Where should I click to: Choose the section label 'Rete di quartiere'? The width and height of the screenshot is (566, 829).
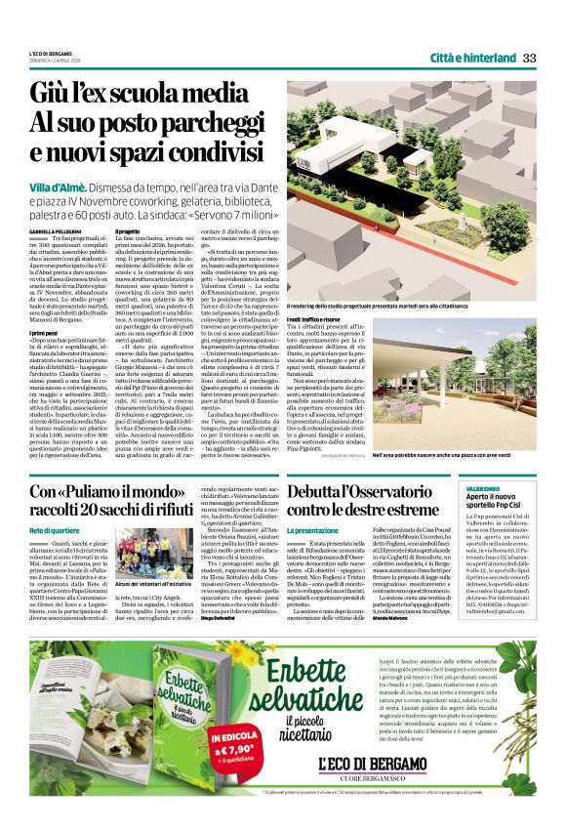pos(54,529)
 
